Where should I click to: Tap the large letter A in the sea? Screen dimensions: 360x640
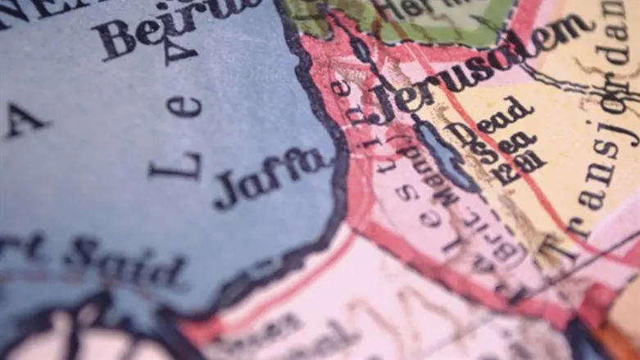point(25,123)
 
